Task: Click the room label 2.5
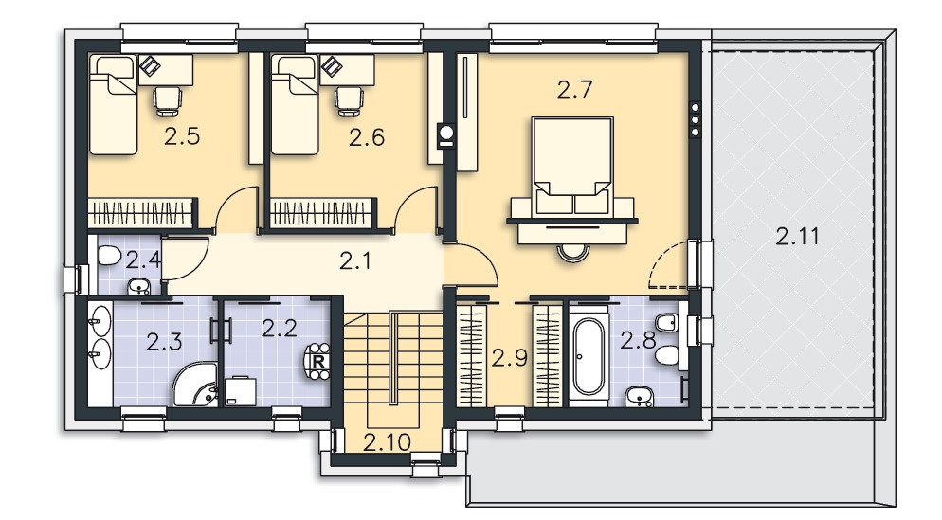(182, 137)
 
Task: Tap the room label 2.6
(367, 138)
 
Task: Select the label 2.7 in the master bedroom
(575, 89)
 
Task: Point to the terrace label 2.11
(797, 236)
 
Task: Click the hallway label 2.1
(355, 260)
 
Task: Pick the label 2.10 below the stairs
(388, 442)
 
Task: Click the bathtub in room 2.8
(589, 356)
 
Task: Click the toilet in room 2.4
(109, 256)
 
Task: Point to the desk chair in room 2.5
(168, 100)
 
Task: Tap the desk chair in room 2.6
(349, 100)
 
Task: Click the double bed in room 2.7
(572, 166)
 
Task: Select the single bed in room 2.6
(295, 105)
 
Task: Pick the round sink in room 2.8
(639, 396)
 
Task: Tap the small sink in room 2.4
(139, 286)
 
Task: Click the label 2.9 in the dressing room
(510, 358)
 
